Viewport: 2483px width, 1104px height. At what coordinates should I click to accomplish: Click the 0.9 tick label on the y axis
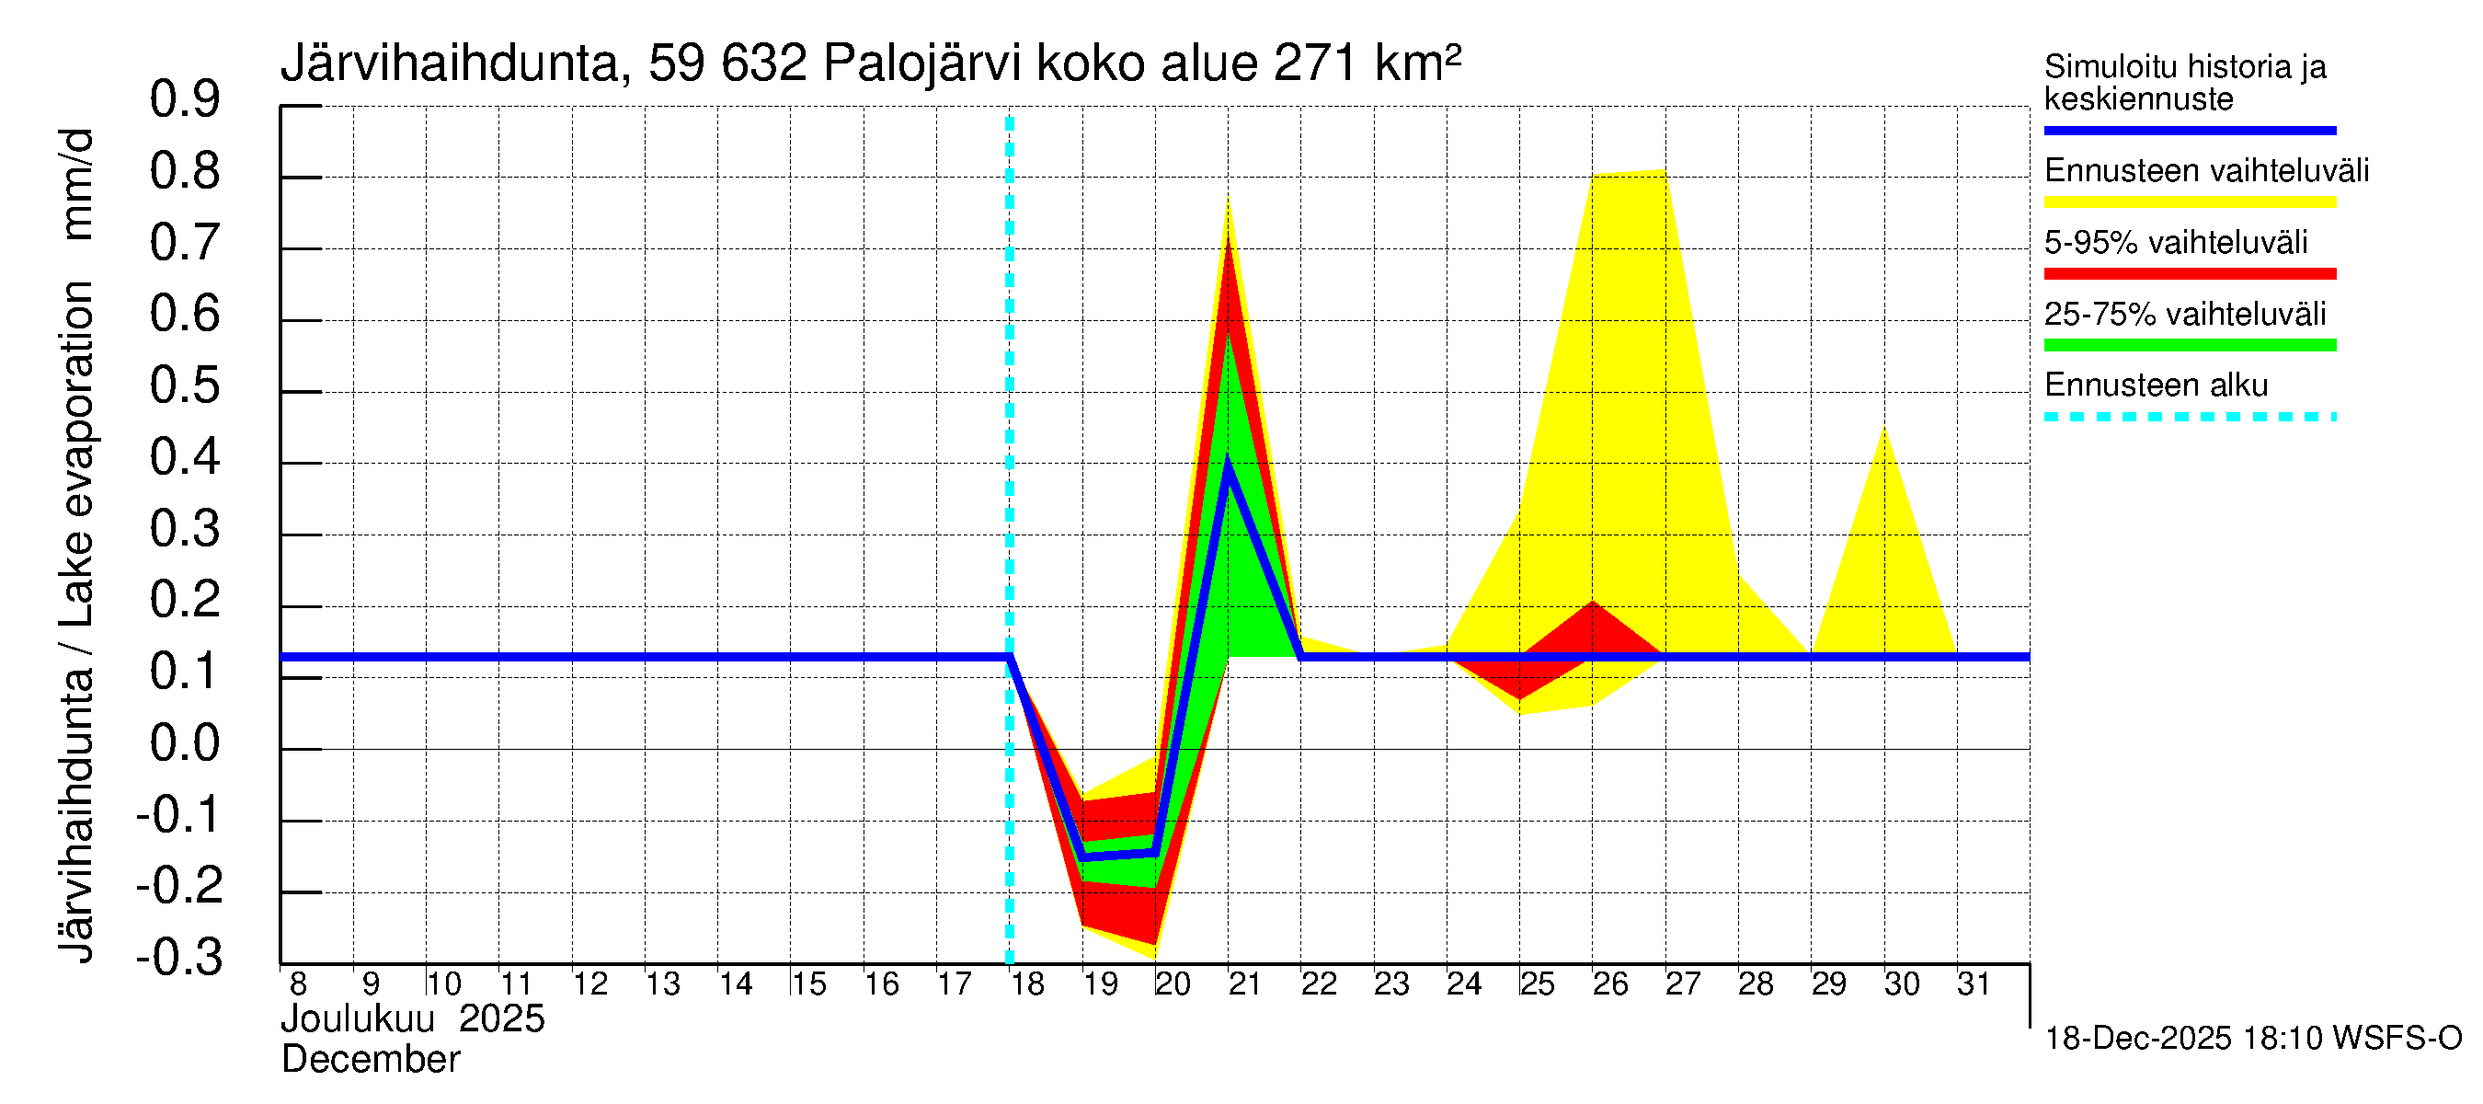pyautogui.click(x=184, y=99)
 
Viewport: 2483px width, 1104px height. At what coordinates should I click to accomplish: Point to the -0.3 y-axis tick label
pyautogui.click(x=179, y=958)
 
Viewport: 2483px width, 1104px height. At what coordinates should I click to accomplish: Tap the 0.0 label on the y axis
pyautogui.click(x=184, y=743)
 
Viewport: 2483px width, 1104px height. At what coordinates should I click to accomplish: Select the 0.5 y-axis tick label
pyautogui.click(x=184, y=385)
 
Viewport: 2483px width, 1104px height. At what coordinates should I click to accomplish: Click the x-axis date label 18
pyautogui.click(x=1027, y=984)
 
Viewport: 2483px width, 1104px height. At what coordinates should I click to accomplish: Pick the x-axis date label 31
pyautogui.click(x=1974, y=984)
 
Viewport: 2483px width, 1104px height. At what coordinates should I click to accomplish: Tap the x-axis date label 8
pyautogui.click(x=298, y=984)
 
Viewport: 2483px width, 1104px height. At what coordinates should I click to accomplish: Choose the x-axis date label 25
pyautogui.click(x=1537, y=984)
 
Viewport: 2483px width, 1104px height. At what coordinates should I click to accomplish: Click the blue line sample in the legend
pyautogui.click(x=2189, y=130)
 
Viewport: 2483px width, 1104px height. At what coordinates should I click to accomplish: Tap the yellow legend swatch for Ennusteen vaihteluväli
pyautogui.click(x=2189, y=202)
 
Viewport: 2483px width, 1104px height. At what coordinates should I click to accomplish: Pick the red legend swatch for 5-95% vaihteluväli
pyautogui.click(x=2189, y=274)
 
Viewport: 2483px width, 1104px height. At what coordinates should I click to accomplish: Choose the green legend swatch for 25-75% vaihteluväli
pyautogui.click(x=2189, y=345)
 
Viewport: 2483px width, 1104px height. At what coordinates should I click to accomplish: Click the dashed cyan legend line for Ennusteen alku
pyautogui.click(x=2189, y=418)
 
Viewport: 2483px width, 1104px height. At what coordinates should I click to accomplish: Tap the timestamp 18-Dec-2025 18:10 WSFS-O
pyautogui.click(x=2252, y=1039)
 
